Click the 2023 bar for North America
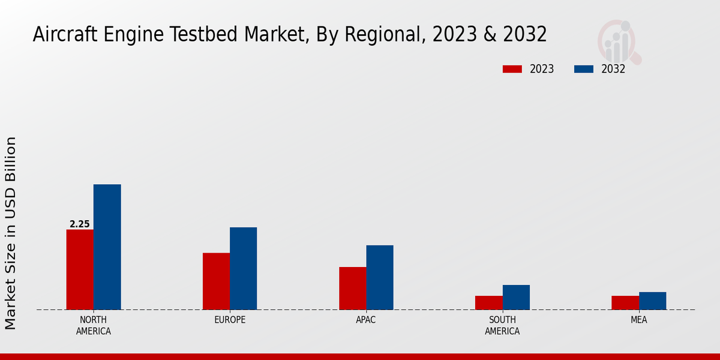pyautogui.click(x=80, y=269)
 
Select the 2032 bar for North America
pyautogui.click(x=107, y=247)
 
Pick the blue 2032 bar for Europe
pyautogui.click(x=243, y=268)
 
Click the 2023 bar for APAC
pyautogui.click(x=352, y=288)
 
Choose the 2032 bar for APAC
pyautogui.click(x=380, y=277)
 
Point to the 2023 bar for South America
pyautogui.click(x=488, y=302)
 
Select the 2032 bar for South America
pyautogui.click(x=516, y=297)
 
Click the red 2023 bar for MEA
pyautogui.click(x=625, y=302)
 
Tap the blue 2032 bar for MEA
pyautogui.click(x=652, y=301)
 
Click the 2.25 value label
pyautogui.click(x=80, y=224)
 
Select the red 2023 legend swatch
pyautogui.click(x=512, y=69)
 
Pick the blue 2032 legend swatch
pyautogui.click(x=583, y=69)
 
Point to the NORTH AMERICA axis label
pyautogui.click(x=94, y=325)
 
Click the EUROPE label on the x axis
pyautogui.click(x=230, y=320)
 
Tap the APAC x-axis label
pyautogui.click(x=366, y=320)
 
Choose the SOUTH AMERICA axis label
pyautogui.click(x=502, y=325)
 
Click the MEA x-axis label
pyautogui.click(x=638, y=320)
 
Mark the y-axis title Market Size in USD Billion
pyautogui.click(x=11, y=233)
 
